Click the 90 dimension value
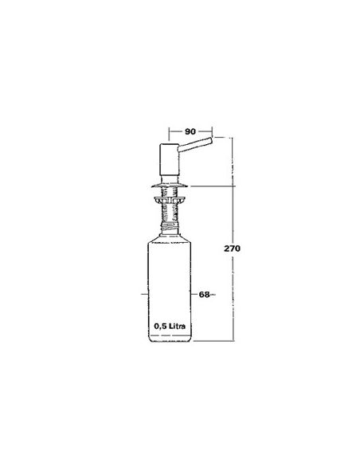pyautogui.click(x=190, y=131)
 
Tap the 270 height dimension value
pyautogui.click(x=232, y=248)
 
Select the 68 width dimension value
pyautogui.click(x=204, y=295)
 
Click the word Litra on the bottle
pyautogui.click(x=177, y=326)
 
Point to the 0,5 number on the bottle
pyautogui.click(x=160, y=326)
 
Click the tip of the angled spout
pyautogui.click(x=211, y=141)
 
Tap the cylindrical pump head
pyautogui.click(x=169, y=159)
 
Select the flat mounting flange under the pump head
pyautogui.click(x=170, y=186)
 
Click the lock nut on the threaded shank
pyautogui.click(x=169, y=199)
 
